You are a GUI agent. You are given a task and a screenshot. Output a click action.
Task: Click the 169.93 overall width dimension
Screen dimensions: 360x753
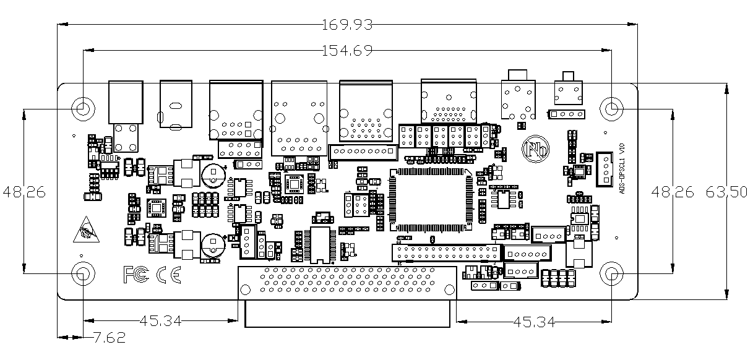(x=348, y=25)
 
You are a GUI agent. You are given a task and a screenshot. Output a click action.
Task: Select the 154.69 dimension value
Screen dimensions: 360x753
(x=348, y=51)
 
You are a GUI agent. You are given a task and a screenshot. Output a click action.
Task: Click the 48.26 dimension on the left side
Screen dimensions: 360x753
(x=24, y=192)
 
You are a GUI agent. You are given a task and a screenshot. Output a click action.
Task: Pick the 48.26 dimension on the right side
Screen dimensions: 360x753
(x=673, y=192)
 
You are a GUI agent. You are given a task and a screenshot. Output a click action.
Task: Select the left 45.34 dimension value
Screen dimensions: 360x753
(x=161, y=321)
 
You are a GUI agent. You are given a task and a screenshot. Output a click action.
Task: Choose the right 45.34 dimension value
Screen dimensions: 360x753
(x=533, y=322)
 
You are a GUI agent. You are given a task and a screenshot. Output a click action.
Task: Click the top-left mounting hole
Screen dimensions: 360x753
(x=83, y=108)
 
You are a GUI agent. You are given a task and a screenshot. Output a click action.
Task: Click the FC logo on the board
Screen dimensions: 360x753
(x=136, y=274)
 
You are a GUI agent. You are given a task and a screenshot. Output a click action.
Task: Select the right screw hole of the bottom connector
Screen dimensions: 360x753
(x=448, y=288)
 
